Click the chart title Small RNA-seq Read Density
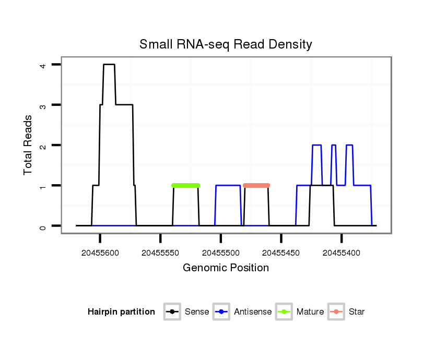226,44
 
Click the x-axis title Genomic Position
226,268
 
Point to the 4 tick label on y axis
43,65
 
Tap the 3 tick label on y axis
43,105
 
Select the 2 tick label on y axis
43,145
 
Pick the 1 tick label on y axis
43,186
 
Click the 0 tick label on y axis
43,226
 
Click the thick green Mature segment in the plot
185,185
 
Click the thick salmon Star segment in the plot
256,185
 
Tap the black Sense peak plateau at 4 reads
109,65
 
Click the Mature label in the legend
310,312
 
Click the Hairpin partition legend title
121,312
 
